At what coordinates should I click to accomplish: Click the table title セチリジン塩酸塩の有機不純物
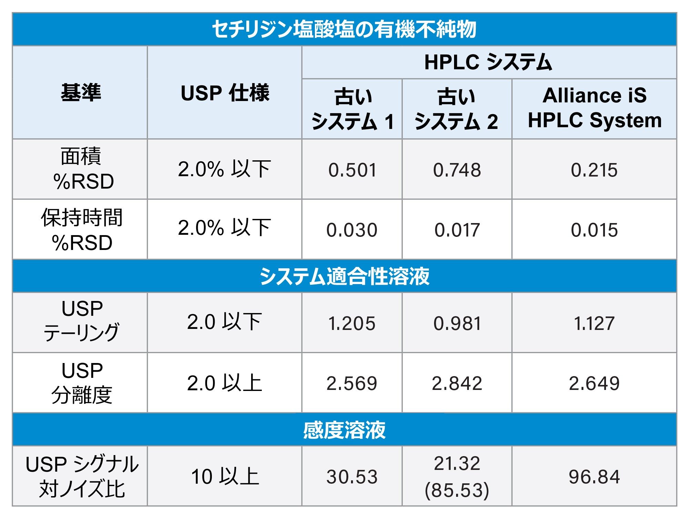pos(344,29)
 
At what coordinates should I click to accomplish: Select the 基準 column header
pos(81,92)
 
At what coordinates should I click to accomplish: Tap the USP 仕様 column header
pos(225,93)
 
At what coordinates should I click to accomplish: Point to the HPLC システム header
pos(488,62)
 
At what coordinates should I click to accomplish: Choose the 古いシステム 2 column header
pos(456,109)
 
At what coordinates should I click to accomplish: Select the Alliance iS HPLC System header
pos(594,108)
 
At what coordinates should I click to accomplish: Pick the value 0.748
pos(457,170)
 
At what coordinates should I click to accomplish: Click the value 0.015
pos(594,230)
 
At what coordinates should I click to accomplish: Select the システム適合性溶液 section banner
pos(344,276)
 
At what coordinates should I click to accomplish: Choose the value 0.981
pos(457,323)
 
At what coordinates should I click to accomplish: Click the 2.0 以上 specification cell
pos(225,383)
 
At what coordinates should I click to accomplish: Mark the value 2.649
pos(594,383)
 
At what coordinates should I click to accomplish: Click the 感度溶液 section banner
pos(344,430)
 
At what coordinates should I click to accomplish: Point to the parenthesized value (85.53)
pos(457,490)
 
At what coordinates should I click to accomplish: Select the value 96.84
pos(594,477)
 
